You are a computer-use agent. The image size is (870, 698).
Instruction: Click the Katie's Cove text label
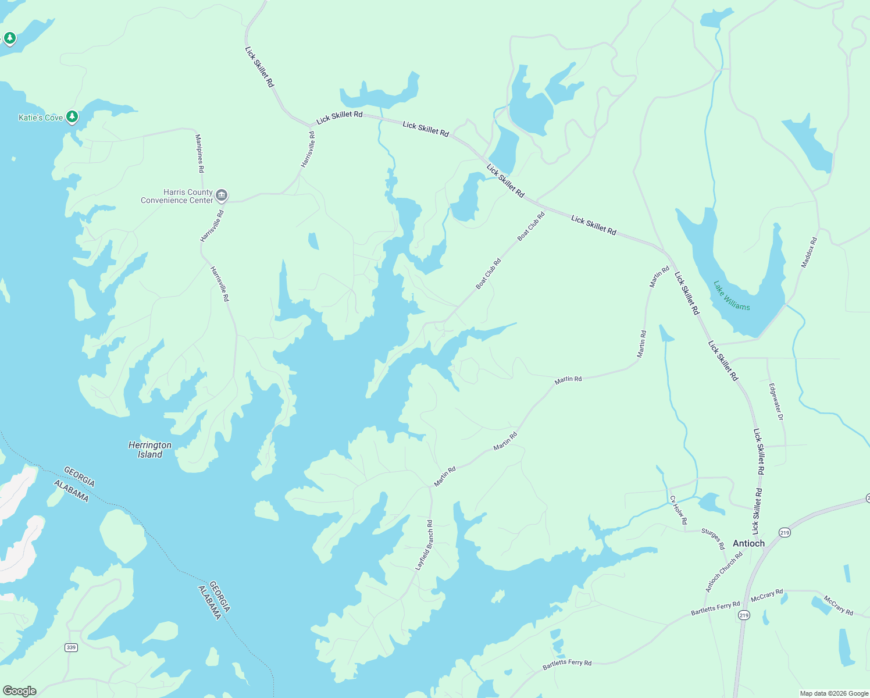41,117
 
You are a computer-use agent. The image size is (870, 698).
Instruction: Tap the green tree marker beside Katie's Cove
72,117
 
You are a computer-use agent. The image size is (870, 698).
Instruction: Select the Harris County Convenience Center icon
221,195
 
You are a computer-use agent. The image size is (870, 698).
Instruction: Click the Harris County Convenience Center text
177,196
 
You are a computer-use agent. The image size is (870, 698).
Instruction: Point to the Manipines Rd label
199,154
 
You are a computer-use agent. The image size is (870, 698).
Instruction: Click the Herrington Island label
150,450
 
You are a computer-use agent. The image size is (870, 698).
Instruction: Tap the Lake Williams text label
732,295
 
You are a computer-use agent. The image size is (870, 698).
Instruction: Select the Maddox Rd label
809,252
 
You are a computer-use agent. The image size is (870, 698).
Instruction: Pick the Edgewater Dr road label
776,401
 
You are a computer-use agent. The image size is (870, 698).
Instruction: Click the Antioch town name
748,543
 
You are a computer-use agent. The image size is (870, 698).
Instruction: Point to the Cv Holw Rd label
678,510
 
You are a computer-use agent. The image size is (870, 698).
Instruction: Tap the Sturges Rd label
713,539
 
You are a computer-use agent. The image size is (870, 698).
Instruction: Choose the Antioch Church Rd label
724,572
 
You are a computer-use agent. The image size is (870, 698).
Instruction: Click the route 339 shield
71,647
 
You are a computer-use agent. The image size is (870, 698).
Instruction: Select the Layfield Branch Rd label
424,545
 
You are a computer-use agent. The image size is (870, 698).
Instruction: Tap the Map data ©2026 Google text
833,693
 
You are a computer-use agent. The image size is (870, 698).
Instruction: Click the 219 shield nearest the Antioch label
785,533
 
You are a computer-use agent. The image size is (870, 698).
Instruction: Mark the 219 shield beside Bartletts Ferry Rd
743,615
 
